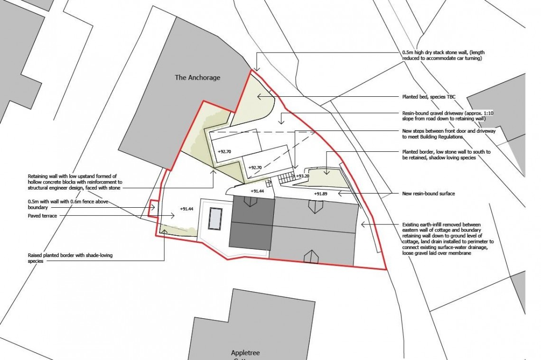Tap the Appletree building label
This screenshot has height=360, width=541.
click(x=246, y=353)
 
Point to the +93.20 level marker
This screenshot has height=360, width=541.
click(x=303, y=176)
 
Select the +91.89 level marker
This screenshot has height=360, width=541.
click(x=321, y=194)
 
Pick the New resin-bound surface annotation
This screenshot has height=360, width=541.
click(x=429, y=194)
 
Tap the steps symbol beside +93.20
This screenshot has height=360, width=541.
click(x=286, y=178)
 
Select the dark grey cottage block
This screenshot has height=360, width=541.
click(x=252, y=226)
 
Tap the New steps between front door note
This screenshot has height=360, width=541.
click(x=448, y=133)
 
